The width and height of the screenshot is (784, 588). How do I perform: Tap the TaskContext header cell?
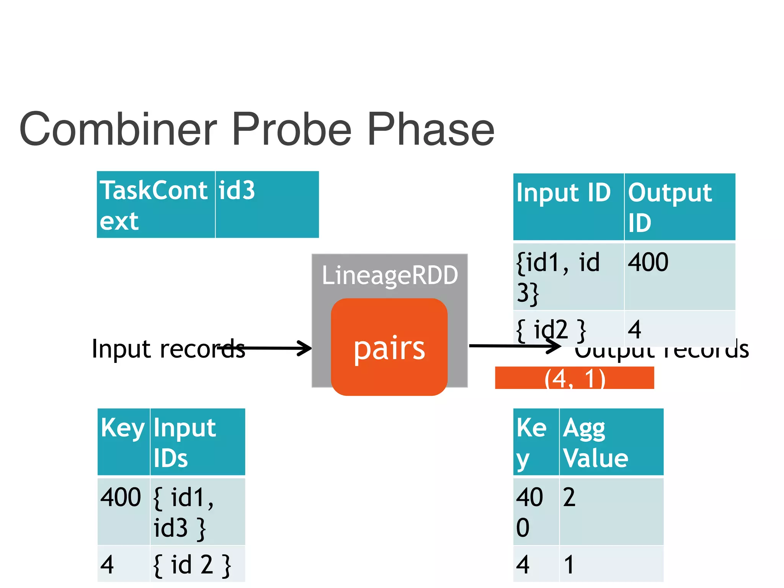(155, 205)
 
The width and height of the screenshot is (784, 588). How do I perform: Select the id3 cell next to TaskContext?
(267, 205)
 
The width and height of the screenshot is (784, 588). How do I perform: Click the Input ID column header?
(568, 207)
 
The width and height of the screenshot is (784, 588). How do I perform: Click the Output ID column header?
(679, 207)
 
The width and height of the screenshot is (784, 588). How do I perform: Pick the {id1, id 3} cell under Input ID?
(568, 277)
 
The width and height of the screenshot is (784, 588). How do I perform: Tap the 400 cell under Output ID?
(679, 277)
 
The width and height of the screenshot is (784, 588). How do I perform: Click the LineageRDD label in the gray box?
(390, 275)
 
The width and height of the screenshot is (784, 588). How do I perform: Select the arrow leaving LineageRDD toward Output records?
(513, 346)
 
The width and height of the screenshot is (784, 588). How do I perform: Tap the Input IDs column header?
(197, 442)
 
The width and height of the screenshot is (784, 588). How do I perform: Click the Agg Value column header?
(611, 442)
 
